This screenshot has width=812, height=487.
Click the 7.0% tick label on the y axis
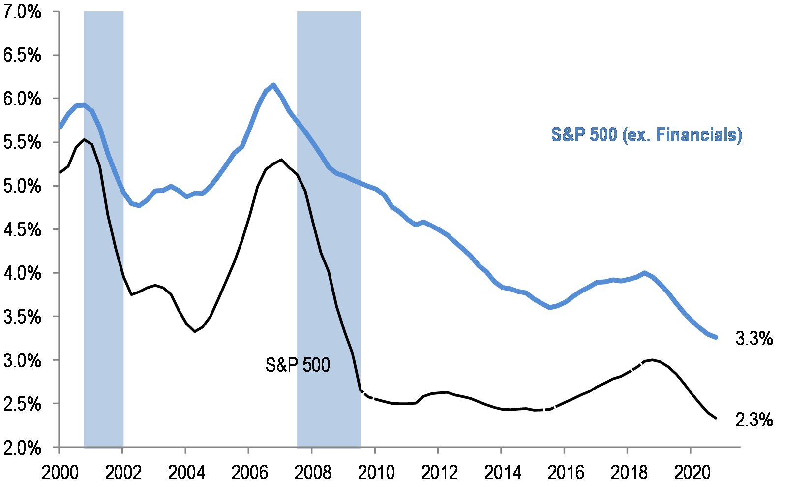(x=22, y=12)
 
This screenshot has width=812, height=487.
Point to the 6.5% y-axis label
(x=22, y=55)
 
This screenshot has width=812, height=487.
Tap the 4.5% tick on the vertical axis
(x=22, y=229)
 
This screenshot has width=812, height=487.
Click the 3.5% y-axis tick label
(x=22, y=317)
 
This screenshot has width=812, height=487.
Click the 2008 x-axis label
(x=312, y=473)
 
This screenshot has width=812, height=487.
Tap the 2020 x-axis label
(x=692, y=473)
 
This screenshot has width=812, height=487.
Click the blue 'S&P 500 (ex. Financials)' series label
(x=646, y=135)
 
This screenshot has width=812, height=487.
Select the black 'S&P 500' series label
(x=298, y=365)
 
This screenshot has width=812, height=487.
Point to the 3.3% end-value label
(x=754, y=339)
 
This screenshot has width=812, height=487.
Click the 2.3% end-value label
(x=754, y=420)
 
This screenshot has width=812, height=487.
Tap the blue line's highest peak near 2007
(x=274, y=85)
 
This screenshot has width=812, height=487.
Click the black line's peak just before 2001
(x=85, y=140)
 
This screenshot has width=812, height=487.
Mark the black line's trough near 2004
(x=195, y=331)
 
